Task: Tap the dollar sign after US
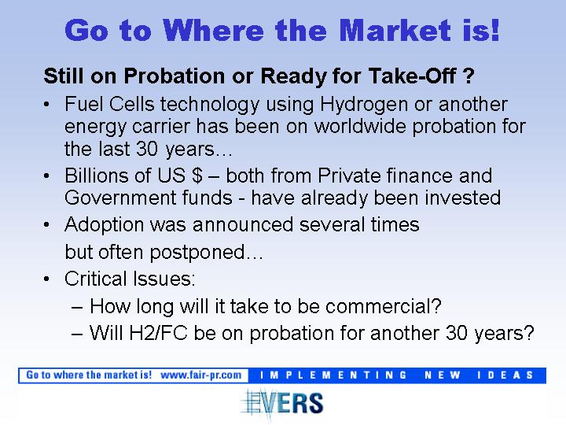[197, 176]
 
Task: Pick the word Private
[349, 176]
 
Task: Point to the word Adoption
[104, 225]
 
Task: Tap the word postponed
[197, 253]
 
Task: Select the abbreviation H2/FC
[158, 333]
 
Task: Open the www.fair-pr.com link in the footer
[200, 375]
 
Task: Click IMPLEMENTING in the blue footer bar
[333, 375]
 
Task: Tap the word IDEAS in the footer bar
[505, 375]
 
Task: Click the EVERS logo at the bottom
[282, 403]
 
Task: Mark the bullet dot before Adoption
[46, 225]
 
